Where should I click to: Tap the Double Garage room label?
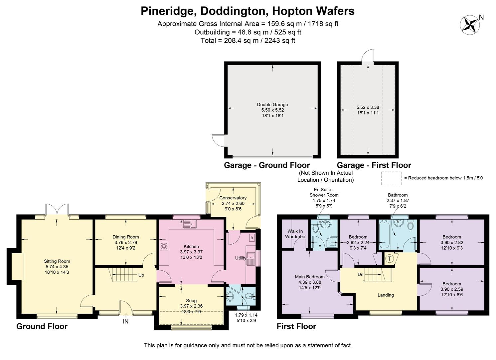272,104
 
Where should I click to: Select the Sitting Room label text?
57,261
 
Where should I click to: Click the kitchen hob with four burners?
164,246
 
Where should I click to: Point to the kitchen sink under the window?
190,224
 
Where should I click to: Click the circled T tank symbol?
390,259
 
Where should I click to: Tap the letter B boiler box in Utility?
251,238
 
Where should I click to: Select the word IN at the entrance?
125,321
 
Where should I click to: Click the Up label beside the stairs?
141,275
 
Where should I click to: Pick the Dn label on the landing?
361,274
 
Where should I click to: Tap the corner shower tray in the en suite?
331,242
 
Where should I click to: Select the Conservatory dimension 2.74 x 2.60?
233,203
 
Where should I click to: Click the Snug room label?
191,301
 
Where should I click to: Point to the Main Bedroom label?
310,277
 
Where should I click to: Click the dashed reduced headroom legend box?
391,178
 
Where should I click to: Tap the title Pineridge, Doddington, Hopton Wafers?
248,11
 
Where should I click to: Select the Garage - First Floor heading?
374,165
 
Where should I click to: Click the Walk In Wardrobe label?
295,234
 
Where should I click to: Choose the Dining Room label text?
125,237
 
